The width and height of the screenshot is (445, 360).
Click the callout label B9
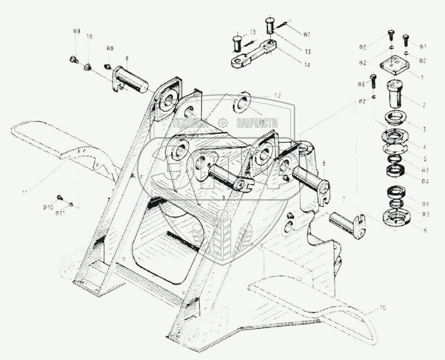click(76, 31)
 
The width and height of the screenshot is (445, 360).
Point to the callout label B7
click(307, 34)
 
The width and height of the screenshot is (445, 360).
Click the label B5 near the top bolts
click(362, 47)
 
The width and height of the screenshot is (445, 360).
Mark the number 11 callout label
click(24, 193)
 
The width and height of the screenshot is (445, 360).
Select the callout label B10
click(49, 207)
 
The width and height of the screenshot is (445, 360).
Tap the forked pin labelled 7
click(347, 222)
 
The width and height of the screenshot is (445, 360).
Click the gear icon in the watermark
click(223, 122)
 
